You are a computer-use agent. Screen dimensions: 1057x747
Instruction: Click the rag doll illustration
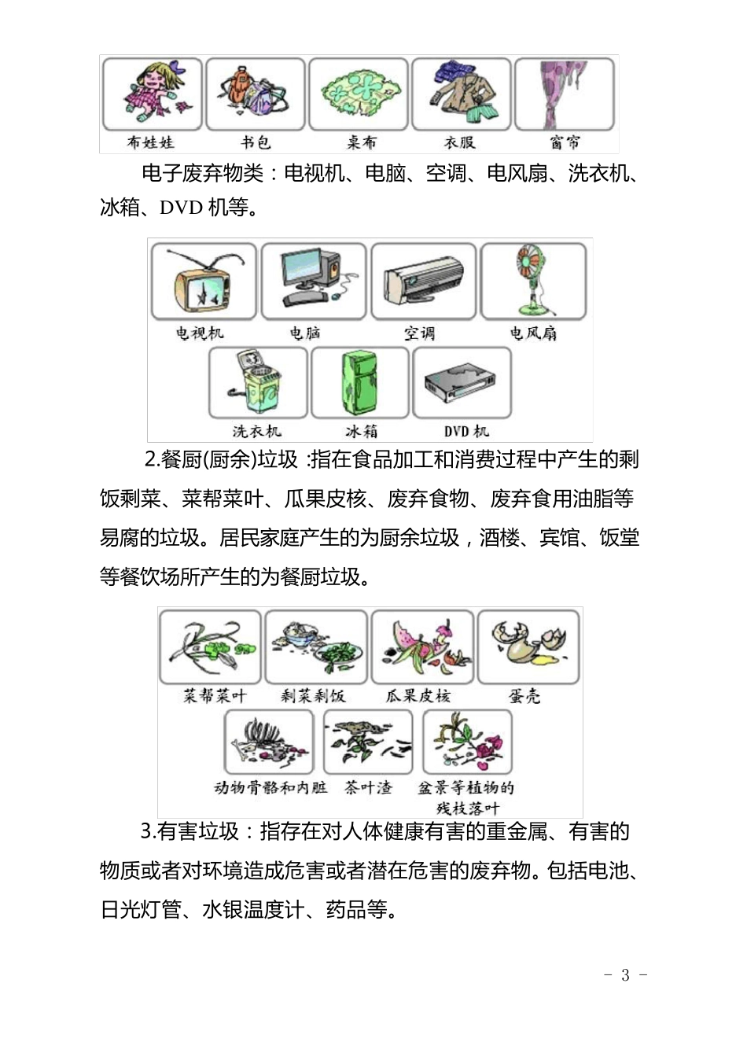coord(152,94)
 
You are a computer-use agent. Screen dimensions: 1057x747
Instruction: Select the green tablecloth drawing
coord(358,94)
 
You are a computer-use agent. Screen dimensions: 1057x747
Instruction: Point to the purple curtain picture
coord(564,94)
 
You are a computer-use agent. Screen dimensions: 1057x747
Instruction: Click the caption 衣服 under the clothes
coord(460,142)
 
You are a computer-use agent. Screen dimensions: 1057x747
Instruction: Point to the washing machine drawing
coord(257,383)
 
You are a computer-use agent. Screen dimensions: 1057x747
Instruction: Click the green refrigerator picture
coord(360,383)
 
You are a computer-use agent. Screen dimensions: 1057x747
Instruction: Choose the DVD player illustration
coord(462,383)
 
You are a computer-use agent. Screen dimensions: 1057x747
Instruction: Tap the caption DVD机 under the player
coord(466,432)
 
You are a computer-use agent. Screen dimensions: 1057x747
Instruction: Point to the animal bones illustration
coord(269,742)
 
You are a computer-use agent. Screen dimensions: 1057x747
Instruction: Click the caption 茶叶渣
coord(368,787)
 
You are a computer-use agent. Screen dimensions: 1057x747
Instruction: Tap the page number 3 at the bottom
coord(625,976)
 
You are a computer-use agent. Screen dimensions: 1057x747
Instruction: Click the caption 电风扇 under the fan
coord(533,333)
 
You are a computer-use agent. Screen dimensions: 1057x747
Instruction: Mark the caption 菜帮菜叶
coord(215,696)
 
